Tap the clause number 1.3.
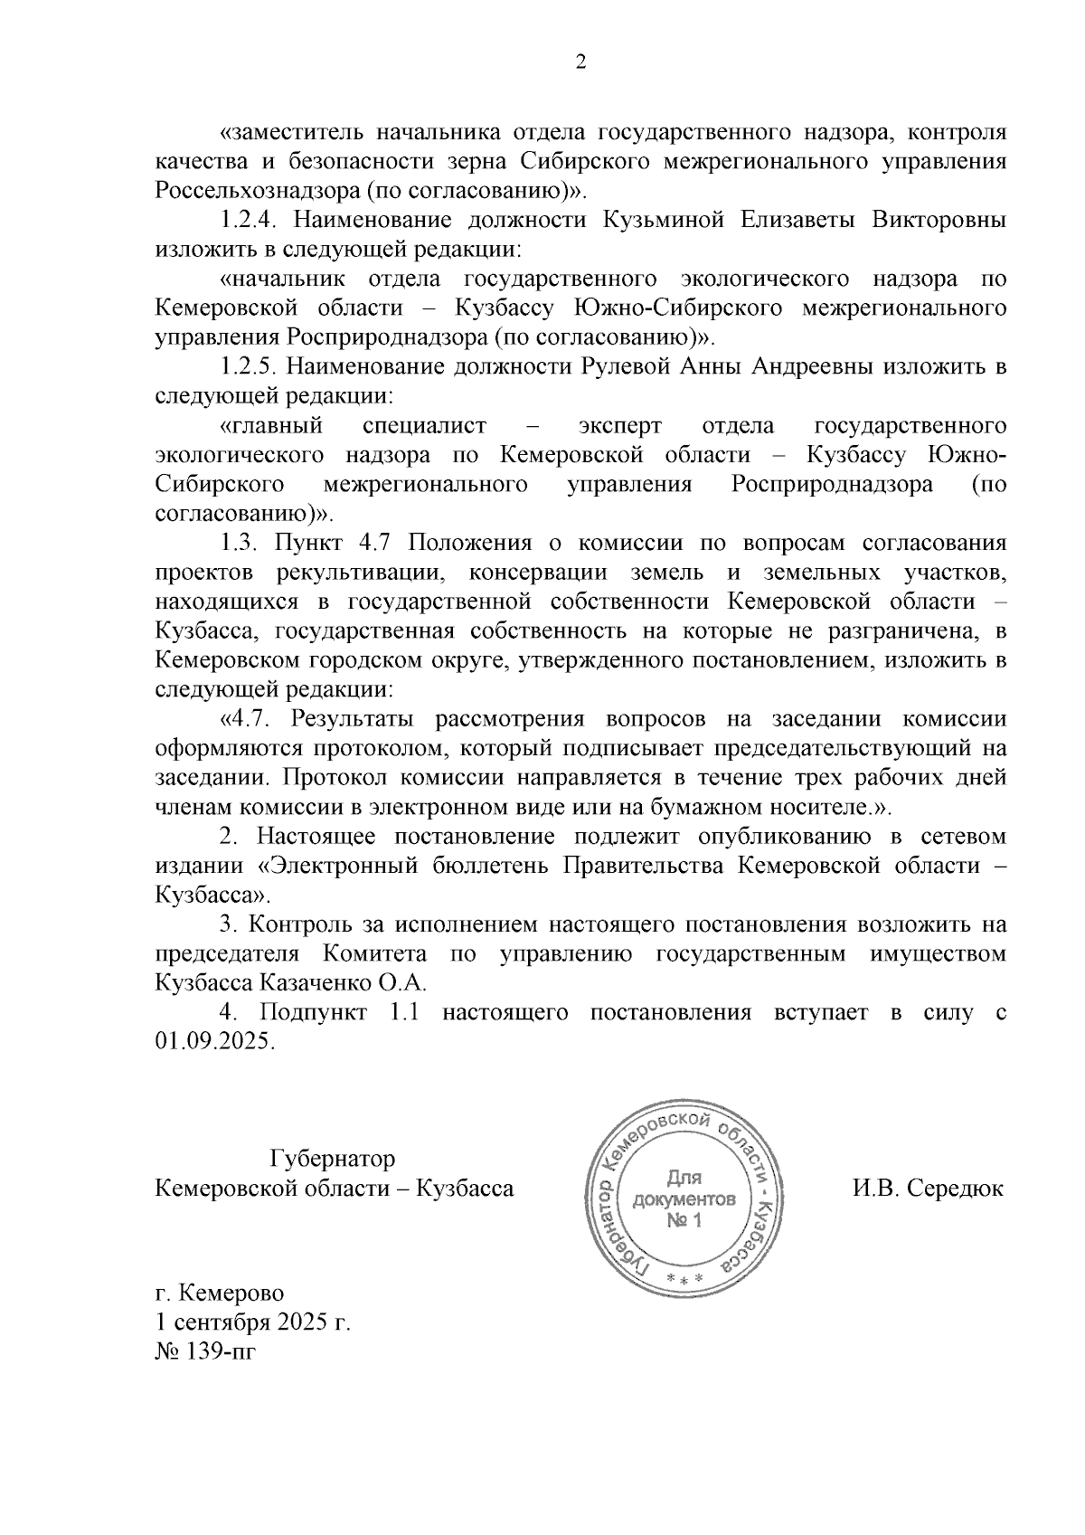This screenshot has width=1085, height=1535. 240,543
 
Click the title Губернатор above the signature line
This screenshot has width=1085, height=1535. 332,1159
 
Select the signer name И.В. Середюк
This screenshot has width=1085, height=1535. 928,1189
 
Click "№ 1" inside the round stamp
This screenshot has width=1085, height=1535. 684,1222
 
